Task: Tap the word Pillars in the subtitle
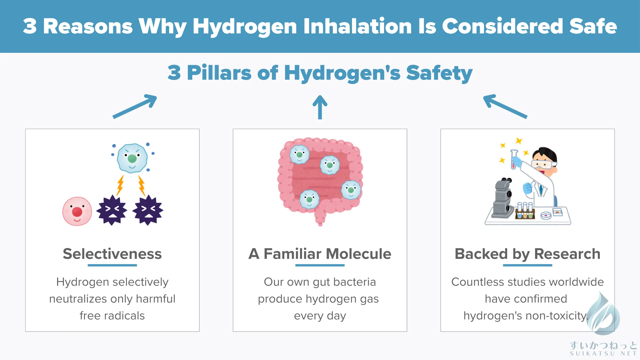[219, 73]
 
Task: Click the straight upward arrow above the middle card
[320, 107]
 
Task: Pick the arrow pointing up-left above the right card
[505, 106]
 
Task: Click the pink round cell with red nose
[77, 211]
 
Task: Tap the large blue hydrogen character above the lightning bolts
[132, 158]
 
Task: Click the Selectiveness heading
[112, 254]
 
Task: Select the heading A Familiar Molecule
[320, 254]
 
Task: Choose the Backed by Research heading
[527, 254]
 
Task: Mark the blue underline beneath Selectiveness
[112, 265]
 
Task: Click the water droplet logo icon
[603, 314]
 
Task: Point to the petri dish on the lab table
[546, 215]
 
